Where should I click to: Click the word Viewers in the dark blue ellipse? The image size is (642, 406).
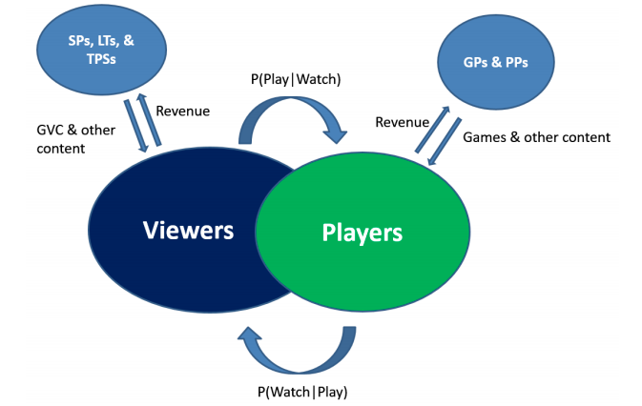(189, 230)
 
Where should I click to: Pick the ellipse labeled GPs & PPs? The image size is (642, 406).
(495, 62)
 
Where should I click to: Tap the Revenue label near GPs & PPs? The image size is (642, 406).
(403, 121)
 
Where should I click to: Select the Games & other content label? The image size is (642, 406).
(536, 137)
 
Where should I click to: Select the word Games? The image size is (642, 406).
(484, 137)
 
